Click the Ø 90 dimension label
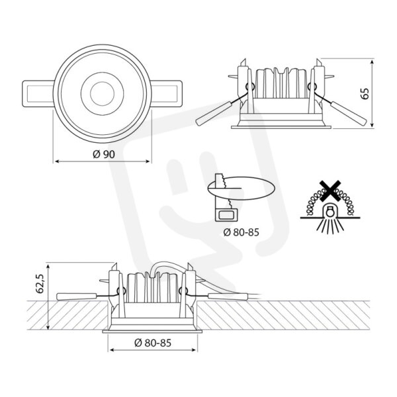coord(104,154)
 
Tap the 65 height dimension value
coord(365,93)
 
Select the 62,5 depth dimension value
coord(40,284)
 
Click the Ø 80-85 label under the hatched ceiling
coord(153,343)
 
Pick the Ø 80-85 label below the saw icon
coord(242,232)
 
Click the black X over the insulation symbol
coord(330,191)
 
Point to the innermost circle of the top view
coord(103,93)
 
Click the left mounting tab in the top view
coord(38,94)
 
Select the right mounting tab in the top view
coord(167,94)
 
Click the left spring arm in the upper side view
coord(214,113)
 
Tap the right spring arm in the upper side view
coord(349,113)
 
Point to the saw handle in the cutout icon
coord(226,215)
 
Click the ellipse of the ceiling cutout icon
coord(241,188)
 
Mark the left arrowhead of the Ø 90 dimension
coord(57,161)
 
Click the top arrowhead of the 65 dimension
coord(372,62)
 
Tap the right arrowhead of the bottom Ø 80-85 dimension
coord(194,350)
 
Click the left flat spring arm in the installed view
coord(77,296)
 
